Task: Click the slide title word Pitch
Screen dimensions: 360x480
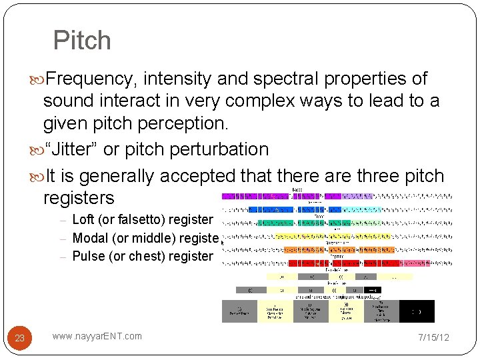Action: [x=82, y=41]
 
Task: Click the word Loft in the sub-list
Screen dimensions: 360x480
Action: [x=83, y=219]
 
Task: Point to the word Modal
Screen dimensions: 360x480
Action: [x=90, y=238]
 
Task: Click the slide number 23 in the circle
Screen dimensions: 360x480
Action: [x=20, y=338]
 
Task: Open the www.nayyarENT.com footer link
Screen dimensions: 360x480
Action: [x=97, y=336]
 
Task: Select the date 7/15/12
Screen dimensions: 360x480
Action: [x=433, y=337]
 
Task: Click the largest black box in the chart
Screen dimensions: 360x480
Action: [x=417, y=311]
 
